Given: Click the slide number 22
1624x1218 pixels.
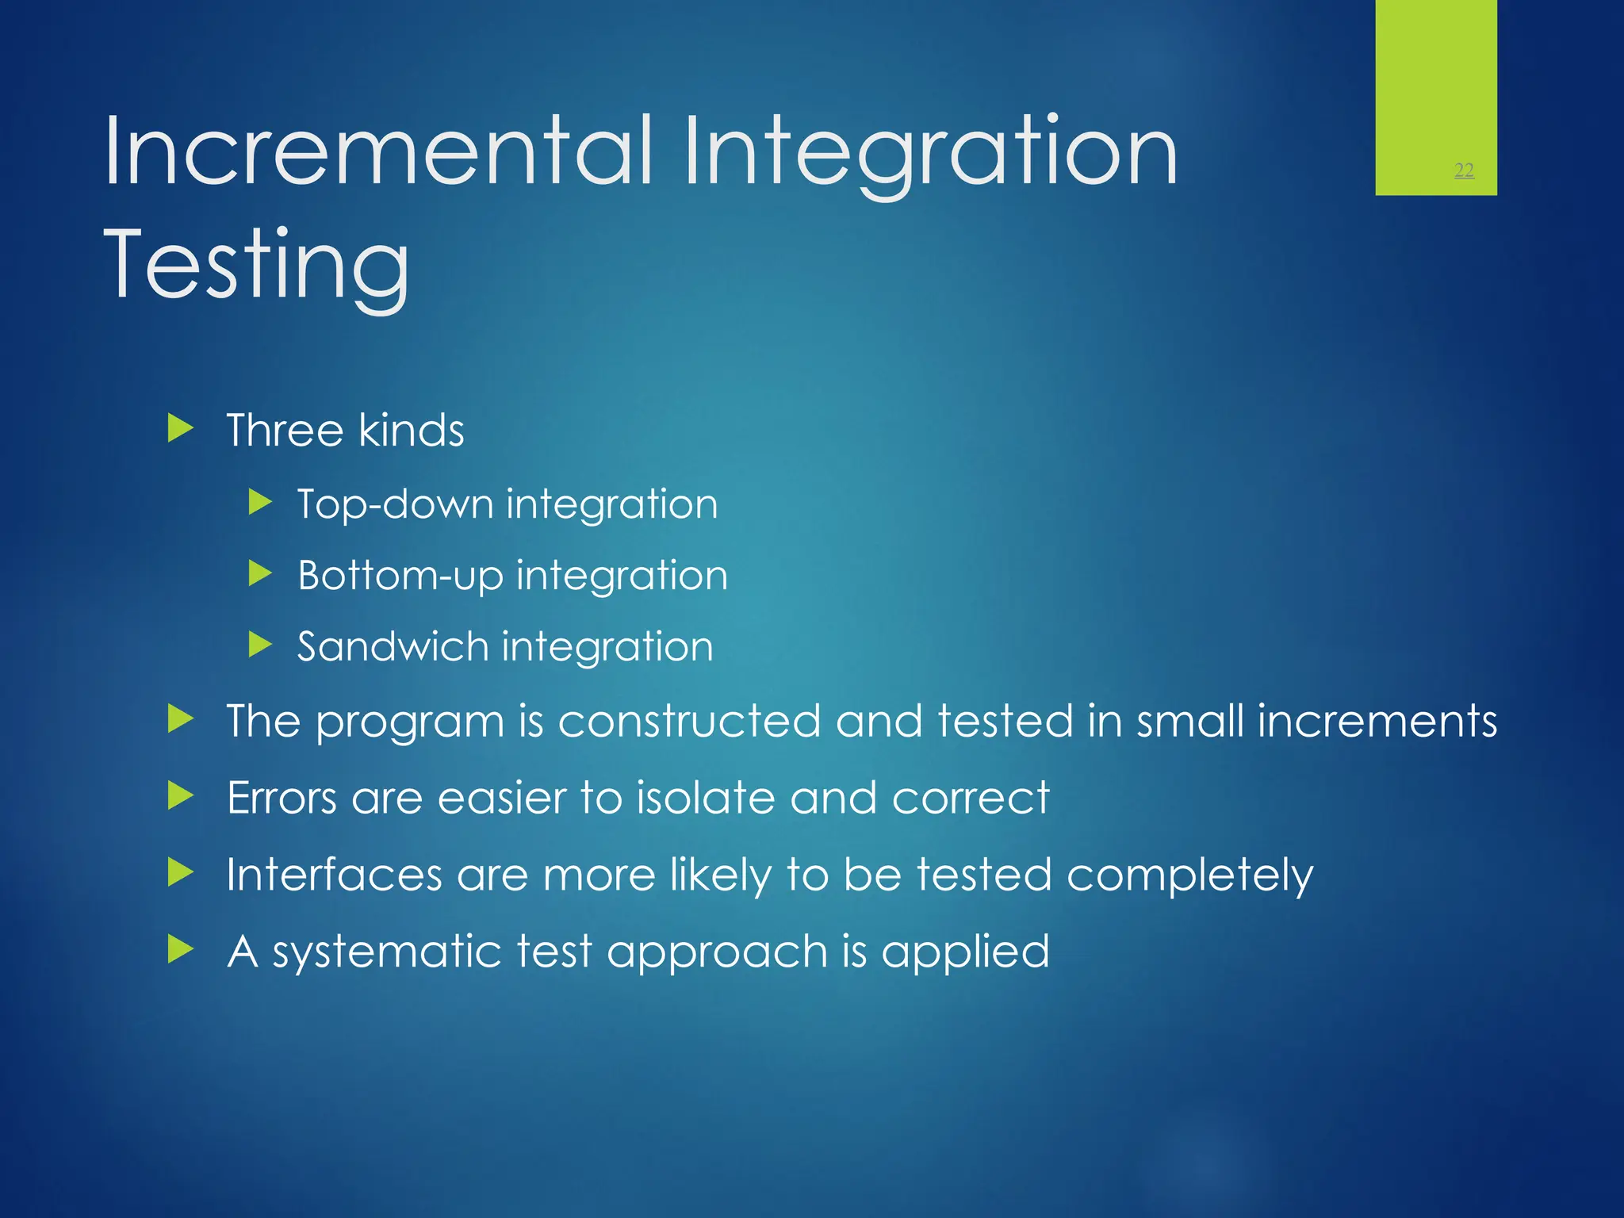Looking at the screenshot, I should click(1464, 170).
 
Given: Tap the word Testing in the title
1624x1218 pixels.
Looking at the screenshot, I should click(256, 266).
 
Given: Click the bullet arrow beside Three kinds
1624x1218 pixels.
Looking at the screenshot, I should click(181, 429).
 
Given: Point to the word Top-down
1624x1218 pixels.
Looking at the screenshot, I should click(395, 504).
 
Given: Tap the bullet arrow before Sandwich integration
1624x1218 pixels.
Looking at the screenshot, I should click(260, 645).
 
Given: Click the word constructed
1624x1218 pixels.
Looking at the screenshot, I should click(688, 722).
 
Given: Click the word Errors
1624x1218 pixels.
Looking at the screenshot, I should click(282, 798).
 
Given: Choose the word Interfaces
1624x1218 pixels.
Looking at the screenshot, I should click(334, 875).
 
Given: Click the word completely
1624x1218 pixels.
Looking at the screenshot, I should click(1189, 876).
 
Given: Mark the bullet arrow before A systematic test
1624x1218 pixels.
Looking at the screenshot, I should click(181, 949).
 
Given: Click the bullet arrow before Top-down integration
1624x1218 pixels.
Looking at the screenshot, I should click(260, 502).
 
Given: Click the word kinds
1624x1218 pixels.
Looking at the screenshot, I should click(411, 431).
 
